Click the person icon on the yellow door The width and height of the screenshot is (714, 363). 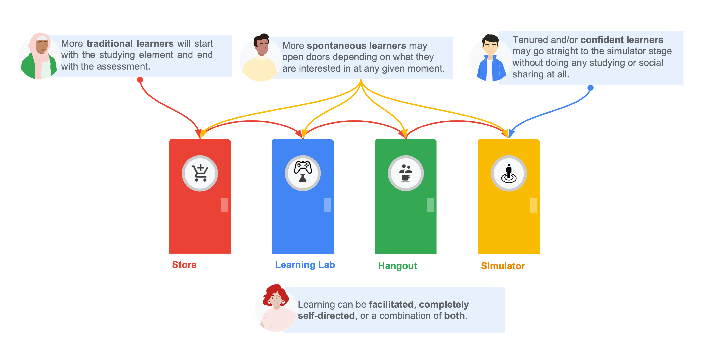509,173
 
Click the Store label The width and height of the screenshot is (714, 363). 184,265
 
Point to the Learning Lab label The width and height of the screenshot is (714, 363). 305,265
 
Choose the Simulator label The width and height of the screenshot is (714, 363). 503,266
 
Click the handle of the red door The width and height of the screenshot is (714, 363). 224,205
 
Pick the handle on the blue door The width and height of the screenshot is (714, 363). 327,205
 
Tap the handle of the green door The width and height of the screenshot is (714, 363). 430,205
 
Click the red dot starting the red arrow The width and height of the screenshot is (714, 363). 140,80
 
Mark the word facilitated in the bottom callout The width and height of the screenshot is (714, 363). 391,304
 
